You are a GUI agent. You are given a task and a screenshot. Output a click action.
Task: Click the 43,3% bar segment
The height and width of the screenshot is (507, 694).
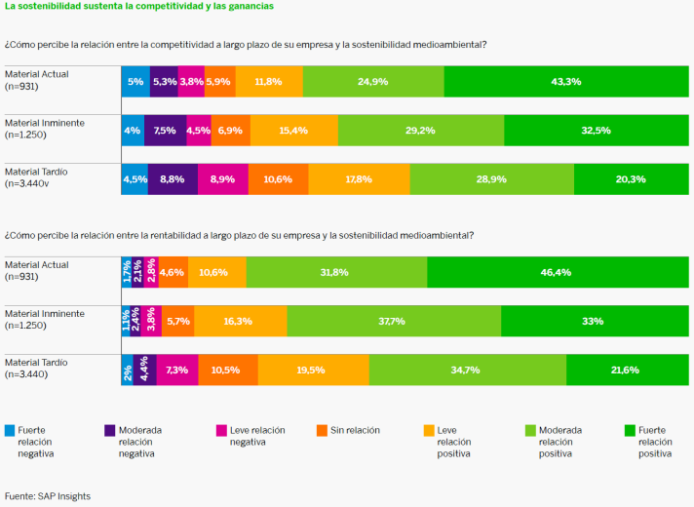(565, 82)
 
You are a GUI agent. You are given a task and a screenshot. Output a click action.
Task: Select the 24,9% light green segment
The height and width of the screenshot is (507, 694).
(373, 82)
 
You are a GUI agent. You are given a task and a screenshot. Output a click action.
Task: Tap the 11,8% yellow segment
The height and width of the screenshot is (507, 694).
(269, 82)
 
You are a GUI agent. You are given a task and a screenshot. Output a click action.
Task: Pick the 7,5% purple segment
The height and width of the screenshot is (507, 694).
(165, 130)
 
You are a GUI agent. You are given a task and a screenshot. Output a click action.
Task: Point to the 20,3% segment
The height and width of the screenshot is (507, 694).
(630, 178)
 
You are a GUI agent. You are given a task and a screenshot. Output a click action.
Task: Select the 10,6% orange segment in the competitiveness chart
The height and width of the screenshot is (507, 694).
(278, 178)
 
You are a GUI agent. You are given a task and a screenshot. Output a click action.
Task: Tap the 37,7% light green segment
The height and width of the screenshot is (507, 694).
(394, 321)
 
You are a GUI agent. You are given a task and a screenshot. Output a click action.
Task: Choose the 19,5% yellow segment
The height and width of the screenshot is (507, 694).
(313, 370)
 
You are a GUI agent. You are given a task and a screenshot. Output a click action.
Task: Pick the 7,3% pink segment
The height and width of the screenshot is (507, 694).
(176, 370)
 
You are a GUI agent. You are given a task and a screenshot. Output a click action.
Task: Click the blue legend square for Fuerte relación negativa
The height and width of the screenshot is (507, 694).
(10, 430)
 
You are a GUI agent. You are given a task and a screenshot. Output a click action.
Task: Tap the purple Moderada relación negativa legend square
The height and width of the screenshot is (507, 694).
(109, 430)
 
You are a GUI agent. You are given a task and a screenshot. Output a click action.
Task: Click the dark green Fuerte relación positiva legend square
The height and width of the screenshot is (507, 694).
(630, 430)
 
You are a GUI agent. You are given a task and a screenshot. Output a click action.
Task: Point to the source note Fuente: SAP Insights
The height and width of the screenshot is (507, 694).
(47, 496)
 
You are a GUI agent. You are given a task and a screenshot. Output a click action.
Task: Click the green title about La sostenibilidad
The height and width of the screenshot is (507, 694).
(138, 6)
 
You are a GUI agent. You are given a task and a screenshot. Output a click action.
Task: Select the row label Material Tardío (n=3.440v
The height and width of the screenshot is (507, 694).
(37, 176)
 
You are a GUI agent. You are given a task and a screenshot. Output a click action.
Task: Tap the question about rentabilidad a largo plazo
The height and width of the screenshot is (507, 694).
(239, 235)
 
